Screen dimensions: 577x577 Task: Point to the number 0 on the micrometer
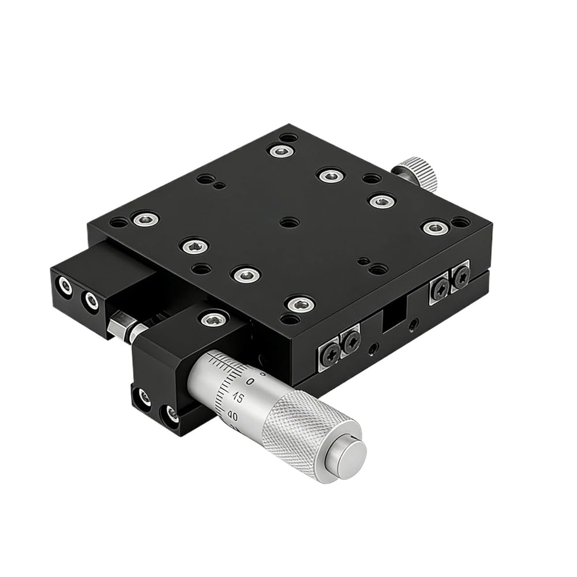250,381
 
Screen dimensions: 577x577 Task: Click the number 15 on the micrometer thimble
238,398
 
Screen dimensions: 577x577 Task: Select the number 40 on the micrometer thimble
233,416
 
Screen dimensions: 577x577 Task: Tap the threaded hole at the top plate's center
289,222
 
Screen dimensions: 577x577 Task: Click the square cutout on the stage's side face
394,316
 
